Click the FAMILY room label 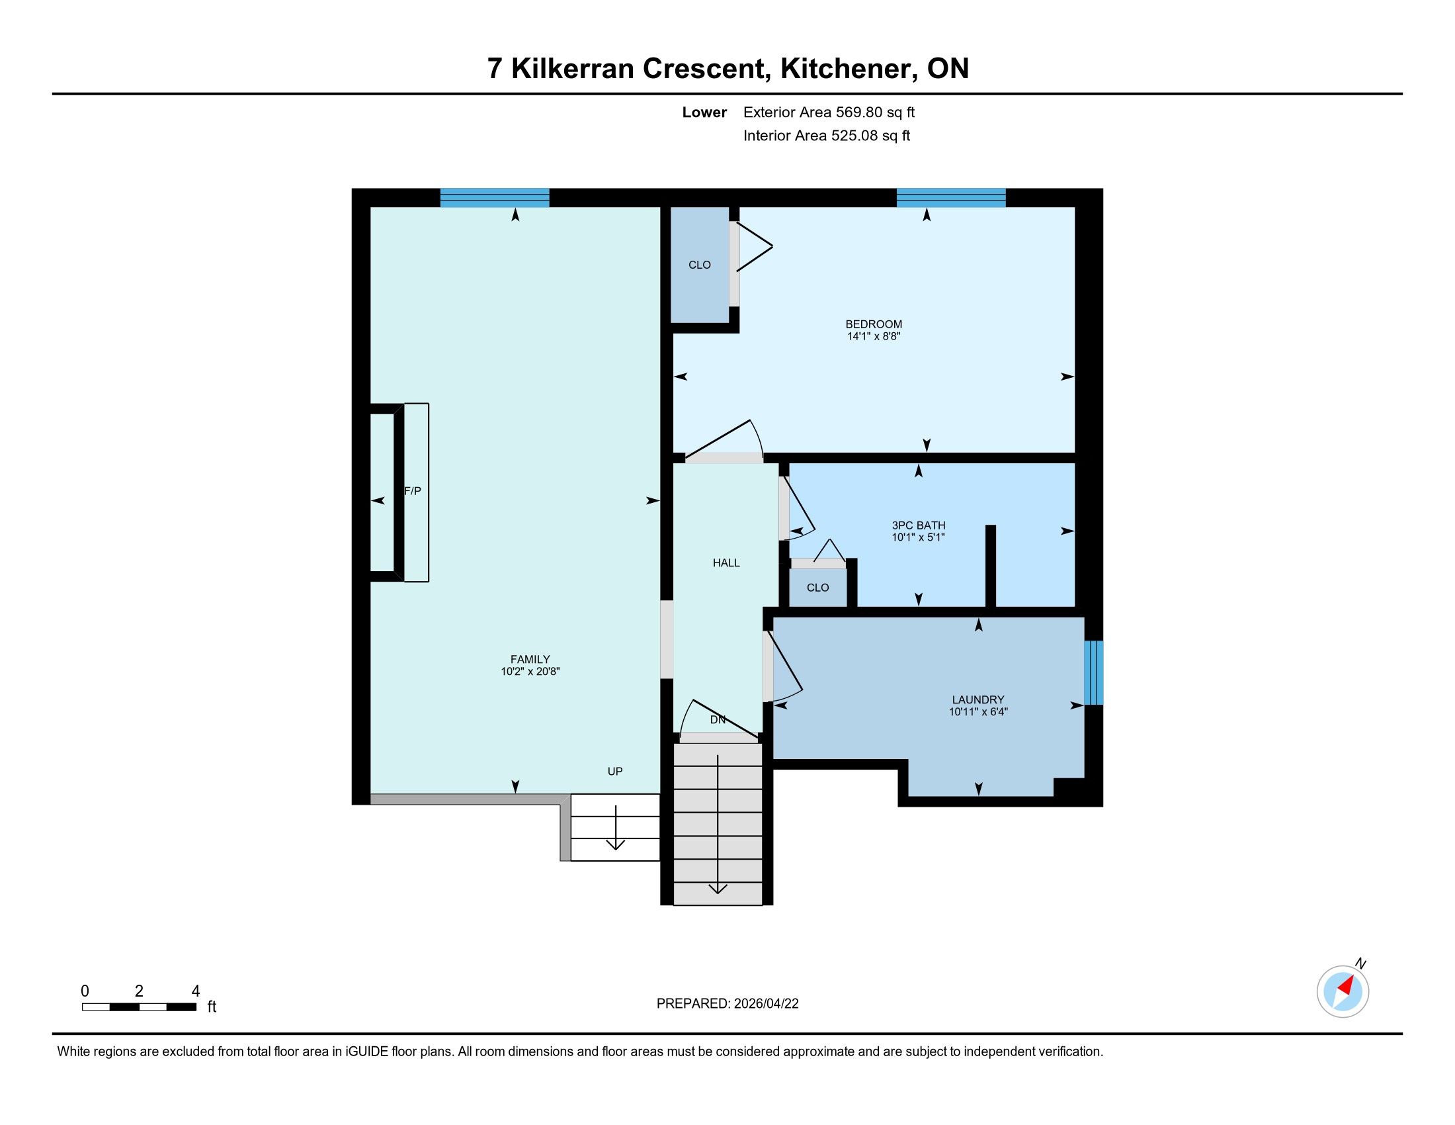click(530, 660)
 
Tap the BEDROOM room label click(874, 324)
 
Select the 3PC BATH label click(919, 525)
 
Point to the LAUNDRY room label click(978, 699)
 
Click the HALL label click(726, 563)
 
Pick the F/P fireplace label click(413, 491)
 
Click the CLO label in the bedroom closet click(700, 265)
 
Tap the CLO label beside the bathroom click(817, 588)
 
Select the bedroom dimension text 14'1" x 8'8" click(874, 337)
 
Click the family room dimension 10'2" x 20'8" click(530, 672)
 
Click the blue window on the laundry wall click(1093, 672)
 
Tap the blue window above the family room click(495, 198)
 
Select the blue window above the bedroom click(951, 198)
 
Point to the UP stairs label click(615, 772)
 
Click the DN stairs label click(718, 720)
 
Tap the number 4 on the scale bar click(195, 991)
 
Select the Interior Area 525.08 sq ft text click(827, 136)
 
